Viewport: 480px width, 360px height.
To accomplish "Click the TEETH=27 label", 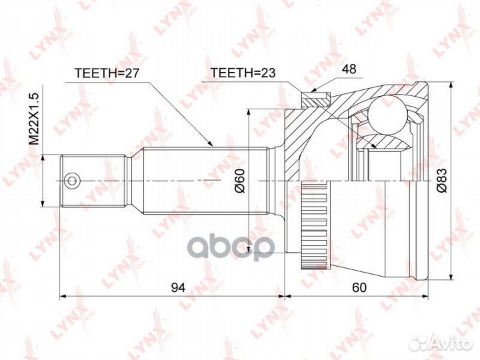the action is [x=107, y=73].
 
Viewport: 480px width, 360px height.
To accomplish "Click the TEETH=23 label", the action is [x=243, y=73].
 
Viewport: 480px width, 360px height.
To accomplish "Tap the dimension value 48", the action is [x=349, y=69].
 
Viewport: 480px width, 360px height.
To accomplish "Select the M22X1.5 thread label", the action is [x=34, y=119].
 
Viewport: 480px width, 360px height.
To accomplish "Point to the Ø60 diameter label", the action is [x=240, y=181].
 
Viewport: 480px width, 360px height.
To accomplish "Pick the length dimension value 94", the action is [x=178, y=287].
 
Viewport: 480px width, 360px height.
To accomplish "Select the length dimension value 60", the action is [x=359, y=287].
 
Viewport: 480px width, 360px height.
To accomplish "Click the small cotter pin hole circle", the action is [x=71, y=180].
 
